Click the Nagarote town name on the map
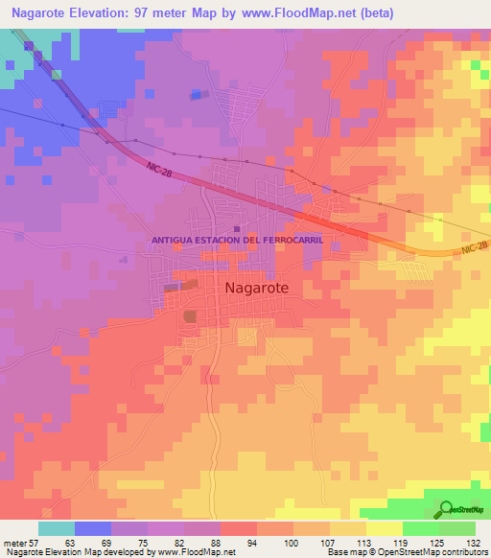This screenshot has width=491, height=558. tap(255, 287)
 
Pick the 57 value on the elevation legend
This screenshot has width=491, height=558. tap(33, 543)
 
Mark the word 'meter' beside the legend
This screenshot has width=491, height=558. tap(13, 543)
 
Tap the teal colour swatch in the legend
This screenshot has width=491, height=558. tap(57, 528)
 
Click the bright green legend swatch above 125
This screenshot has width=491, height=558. tap(420, 528)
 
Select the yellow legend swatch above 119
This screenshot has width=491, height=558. tap(384, 528)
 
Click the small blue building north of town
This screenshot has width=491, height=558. tap(197, 94)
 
